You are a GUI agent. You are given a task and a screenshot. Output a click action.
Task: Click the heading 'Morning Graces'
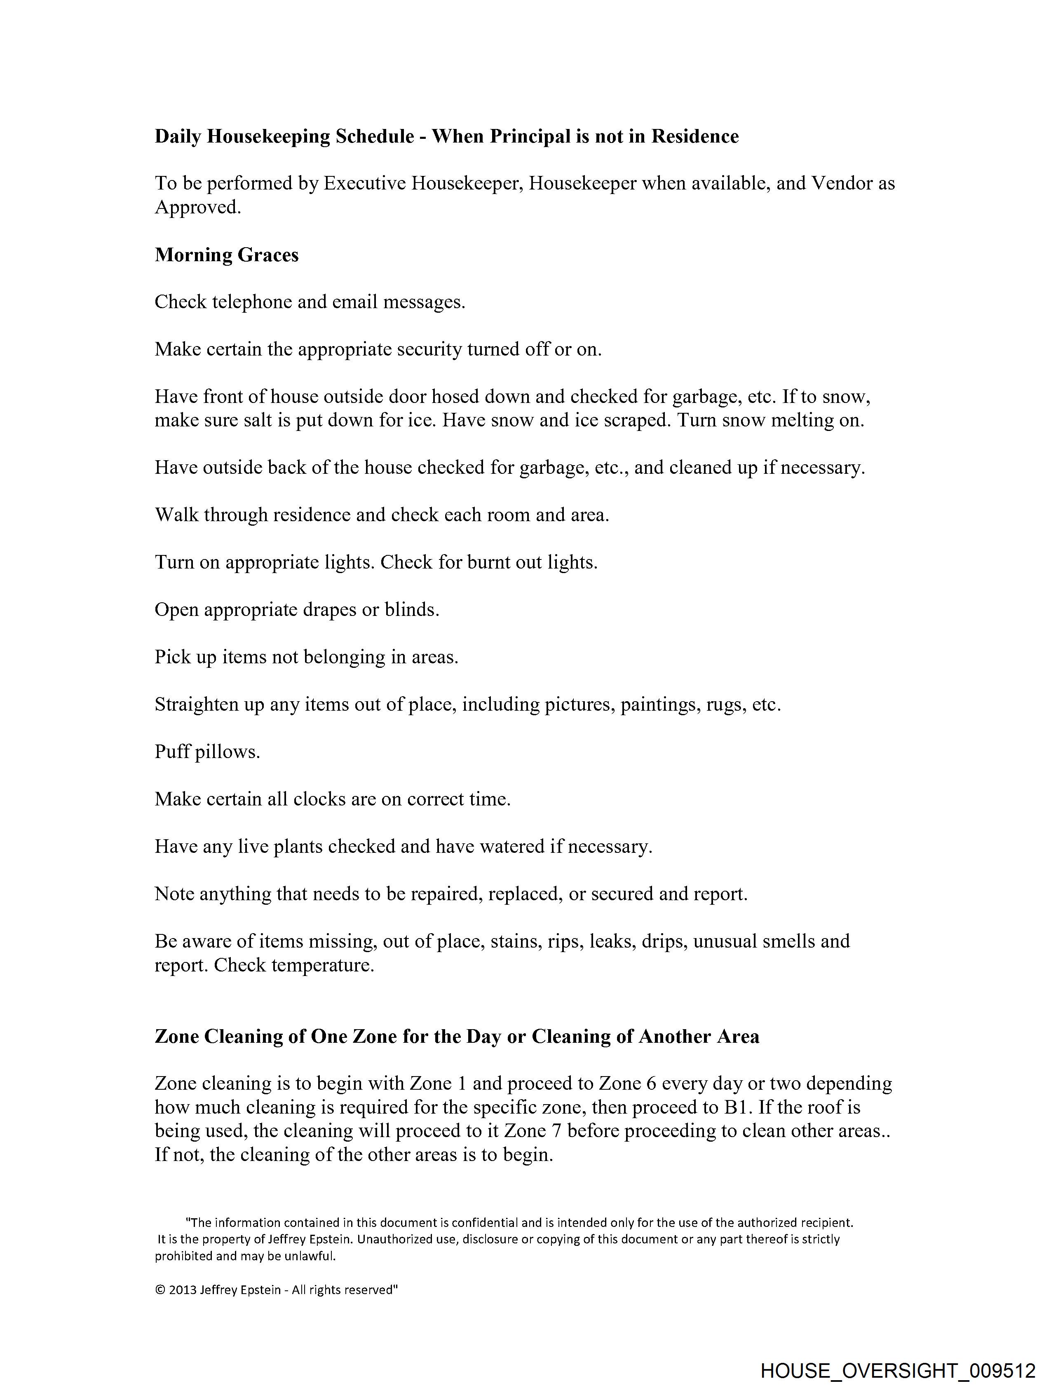click(227, 255)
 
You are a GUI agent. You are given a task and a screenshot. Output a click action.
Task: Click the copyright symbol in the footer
click(160, 1290)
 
